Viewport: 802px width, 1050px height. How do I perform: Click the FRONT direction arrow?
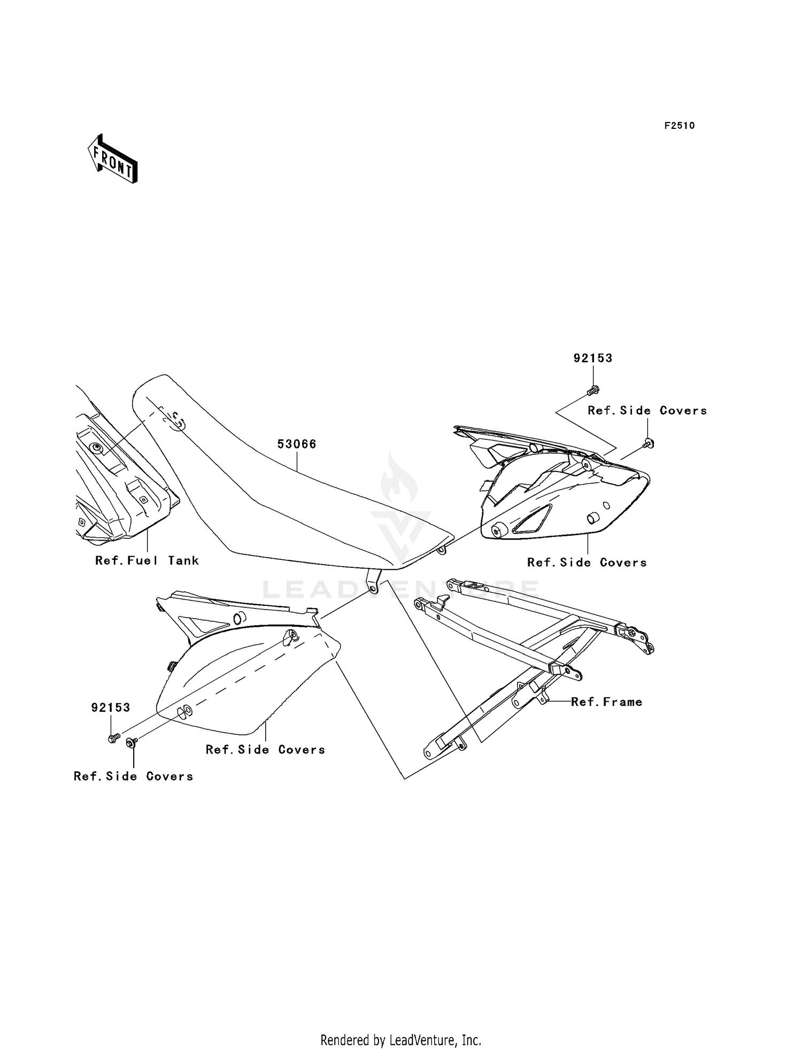(x=113, y=159)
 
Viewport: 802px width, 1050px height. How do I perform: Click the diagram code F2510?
(x=679, y=126)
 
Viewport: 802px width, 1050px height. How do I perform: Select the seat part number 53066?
(x=296, y=444)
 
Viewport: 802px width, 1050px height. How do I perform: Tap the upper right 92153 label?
(x=593, y=359)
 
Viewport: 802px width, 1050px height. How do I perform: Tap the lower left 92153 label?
(x=111, y=707)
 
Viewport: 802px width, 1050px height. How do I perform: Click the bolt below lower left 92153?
(x=113, y=739)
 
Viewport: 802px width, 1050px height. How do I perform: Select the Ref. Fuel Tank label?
(x=147, y=561)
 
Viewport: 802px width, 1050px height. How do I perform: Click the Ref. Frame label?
(x=606, y=702)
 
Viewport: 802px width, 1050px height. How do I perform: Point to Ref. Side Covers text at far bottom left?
(x=133, y=777)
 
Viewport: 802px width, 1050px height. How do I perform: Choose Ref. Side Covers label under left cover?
(x=265, y=750)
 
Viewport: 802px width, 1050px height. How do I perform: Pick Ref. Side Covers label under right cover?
(x=587, y=563)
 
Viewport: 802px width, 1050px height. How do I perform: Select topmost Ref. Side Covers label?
(x=647, y=411)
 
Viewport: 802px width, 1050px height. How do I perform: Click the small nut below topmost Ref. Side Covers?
(x=648, y=443)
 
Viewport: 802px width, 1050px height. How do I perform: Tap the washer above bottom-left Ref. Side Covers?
(x=131, y=742)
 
